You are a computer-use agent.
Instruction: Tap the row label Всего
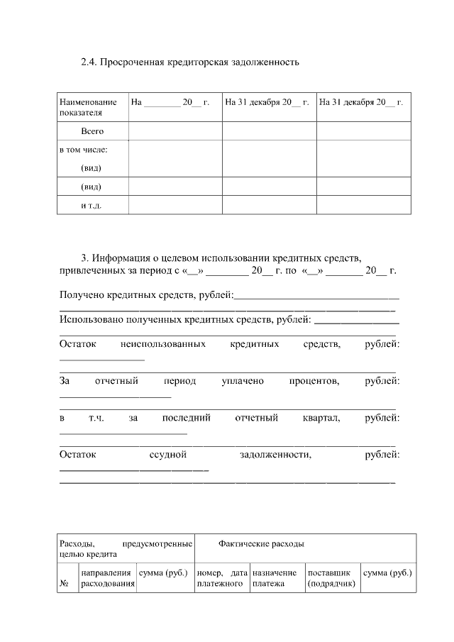[x=92, y=131]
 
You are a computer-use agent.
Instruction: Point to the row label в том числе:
[x=83, y=150]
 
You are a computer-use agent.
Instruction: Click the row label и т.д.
[x=92, y=205]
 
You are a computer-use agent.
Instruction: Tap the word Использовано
[x=92, y=320]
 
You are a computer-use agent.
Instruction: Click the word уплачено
[x=242, y=382]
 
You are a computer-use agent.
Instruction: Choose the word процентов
[x=314, y=382]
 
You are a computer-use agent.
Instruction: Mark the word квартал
[x=321, y=419]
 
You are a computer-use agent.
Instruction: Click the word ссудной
[x=167, y=455]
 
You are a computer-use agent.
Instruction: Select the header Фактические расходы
[x=262, y=544]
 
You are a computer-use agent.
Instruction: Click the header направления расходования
[x=108, y=578]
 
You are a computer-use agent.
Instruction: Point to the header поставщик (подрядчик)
[x=331, y=578]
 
